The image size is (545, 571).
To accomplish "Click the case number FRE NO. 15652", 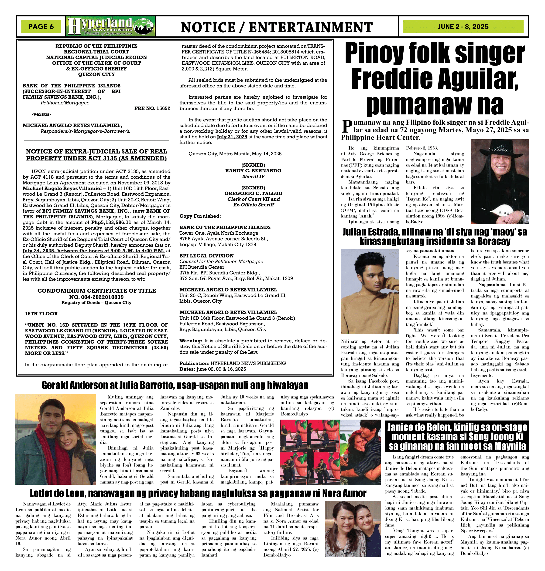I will click(152, 108).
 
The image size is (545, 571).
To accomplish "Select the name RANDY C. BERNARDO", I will click(253, 171).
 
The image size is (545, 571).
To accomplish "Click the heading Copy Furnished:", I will click(200, 216).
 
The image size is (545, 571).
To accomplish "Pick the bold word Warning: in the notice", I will click(191, 341).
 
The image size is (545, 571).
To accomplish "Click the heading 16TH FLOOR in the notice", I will click(41, 314).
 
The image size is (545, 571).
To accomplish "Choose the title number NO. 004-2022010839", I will click(96, 297).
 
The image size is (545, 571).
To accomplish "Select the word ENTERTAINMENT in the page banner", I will click(311, 27).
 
